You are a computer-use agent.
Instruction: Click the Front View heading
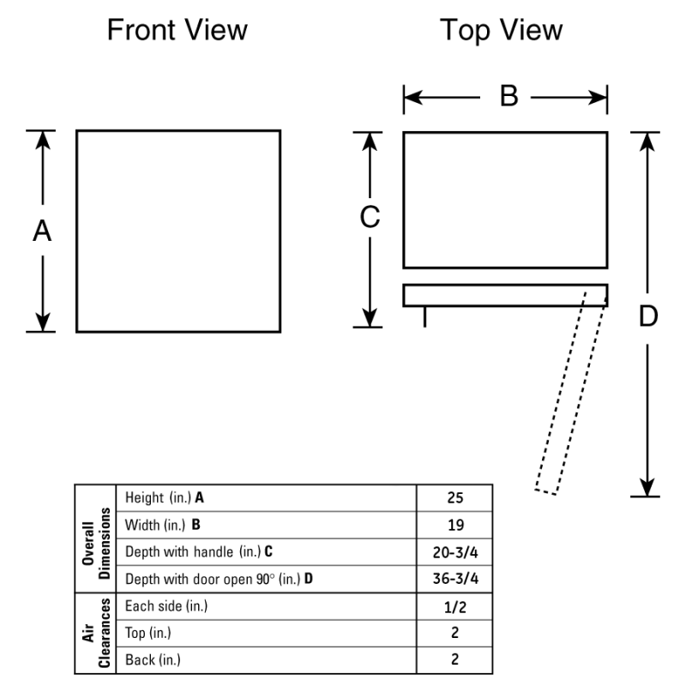177,30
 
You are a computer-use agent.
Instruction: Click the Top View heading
502,30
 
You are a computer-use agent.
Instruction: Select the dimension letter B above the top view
508,97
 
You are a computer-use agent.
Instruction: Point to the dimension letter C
369,219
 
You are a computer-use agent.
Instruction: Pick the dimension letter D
648,316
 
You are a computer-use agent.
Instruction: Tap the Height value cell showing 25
454,498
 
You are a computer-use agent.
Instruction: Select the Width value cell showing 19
454,525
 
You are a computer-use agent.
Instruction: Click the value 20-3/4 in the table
454,551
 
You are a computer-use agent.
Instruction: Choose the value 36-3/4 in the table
454,579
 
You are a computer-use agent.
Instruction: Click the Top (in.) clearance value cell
454,633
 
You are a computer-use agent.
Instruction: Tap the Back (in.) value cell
454,659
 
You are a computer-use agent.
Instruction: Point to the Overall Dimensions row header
96,538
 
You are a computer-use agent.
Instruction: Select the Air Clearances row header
96,633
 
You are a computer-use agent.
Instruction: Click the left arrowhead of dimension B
411,98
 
